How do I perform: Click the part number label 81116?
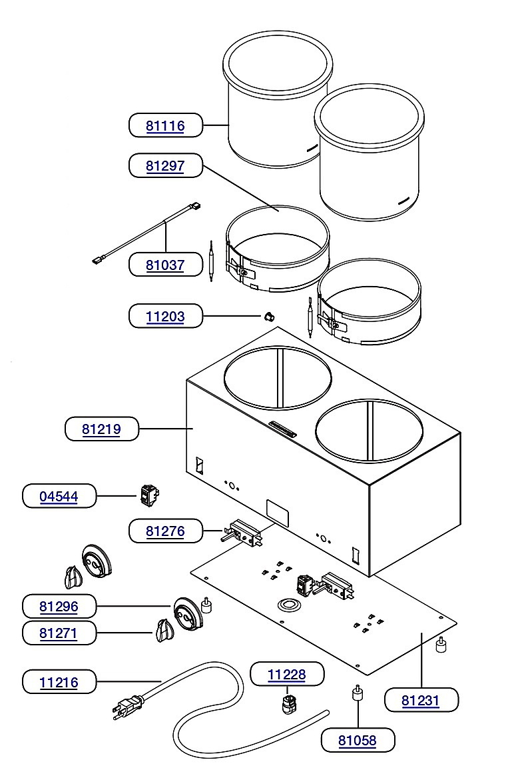pos(165,125)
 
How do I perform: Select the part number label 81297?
pos(165,165)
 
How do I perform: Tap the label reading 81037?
pos(165,265)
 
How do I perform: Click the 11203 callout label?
pos(165,317)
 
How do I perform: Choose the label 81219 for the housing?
pos(101,429)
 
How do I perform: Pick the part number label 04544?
pos(59,497)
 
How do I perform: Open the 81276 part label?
pos(165,531)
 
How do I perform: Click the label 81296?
pos(59,607)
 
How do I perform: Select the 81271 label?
pos(59,633)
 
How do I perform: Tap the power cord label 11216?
pos(59,682)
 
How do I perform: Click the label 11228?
pos(287,675)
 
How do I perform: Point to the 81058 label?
pos(358,740)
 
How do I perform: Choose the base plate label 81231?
pos(421,700)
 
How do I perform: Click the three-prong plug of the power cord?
pos(127,707)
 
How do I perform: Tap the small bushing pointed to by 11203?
pos(269,317)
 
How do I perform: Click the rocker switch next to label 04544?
pos(148,495)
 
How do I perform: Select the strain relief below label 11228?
pos(289,702)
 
